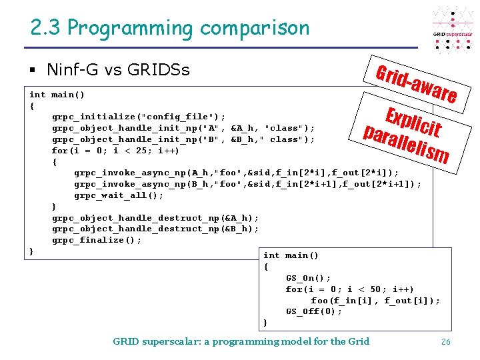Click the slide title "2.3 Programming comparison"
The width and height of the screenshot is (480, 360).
[170, 28]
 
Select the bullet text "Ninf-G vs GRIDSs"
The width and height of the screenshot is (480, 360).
[118, 69]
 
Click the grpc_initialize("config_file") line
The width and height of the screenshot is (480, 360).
[139, 117]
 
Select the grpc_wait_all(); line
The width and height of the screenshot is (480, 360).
[119, 195]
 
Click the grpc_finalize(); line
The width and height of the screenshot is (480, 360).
[97, 240]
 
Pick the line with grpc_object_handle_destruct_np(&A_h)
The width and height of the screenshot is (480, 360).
[155, 217]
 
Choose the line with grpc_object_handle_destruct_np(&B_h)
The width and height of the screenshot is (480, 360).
[155, 229]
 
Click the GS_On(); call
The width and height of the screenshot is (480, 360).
[308, 278]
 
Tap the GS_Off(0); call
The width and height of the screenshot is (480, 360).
[314, 311]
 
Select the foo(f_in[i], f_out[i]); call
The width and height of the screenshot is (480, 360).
[375, 300]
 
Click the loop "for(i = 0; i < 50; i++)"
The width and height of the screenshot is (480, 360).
[349, 289]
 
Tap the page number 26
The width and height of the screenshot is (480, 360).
[446, 342]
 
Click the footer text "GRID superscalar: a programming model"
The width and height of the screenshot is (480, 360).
[241, 341]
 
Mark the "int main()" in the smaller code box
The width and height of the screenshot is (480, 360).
[291, 255]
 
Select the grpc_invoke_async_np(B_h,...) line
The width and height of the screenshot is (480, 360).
[247, 184]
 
